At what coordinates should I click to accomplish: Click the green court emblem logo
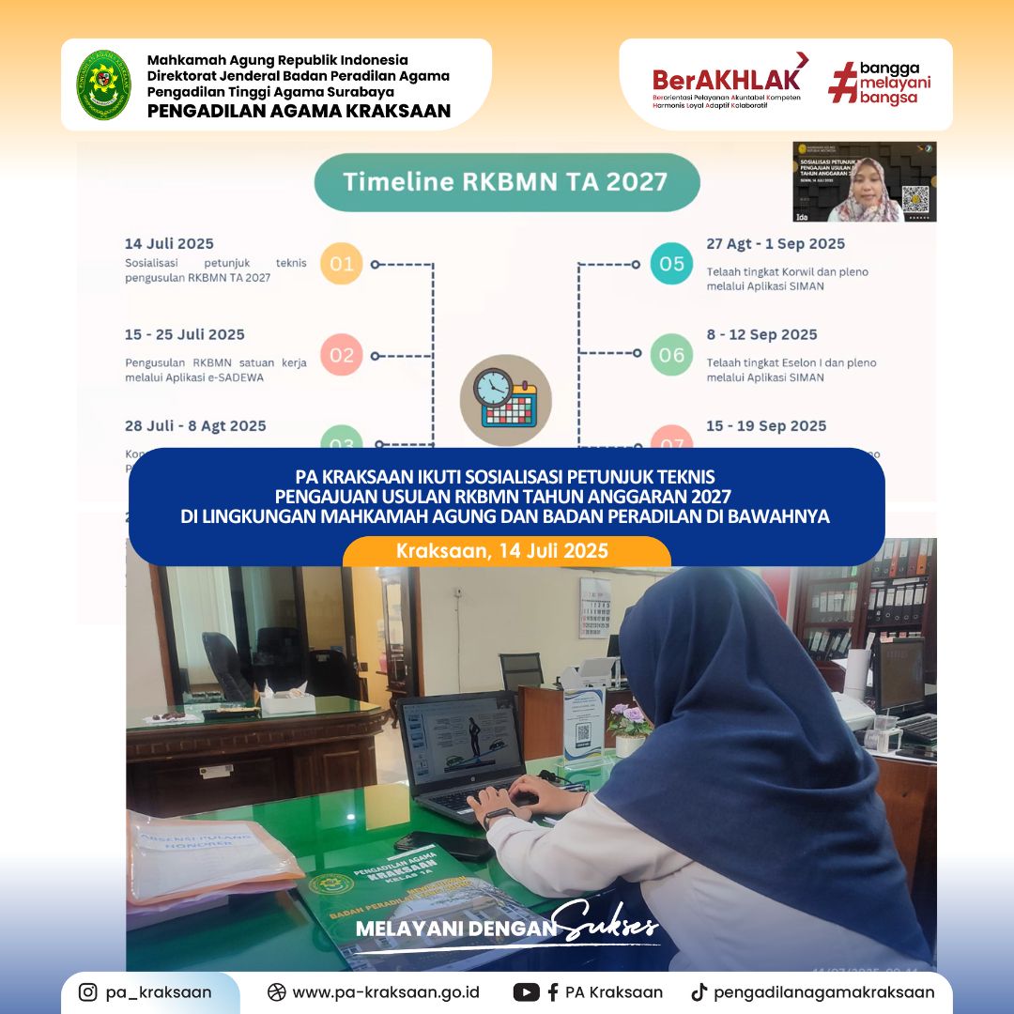pyautogui.click(x=103, y=84)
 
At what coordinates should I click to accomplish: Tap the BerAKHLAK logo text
pyautogui.click(x=728, y=77)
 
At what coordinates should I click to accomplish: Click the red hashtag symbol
pyautogui.click(x=842, y=84)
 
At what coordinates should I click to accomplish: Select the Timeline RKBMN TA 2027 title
pyautogui.click(x=506, y=182)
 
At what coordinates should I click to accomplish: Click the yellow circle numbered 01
pyautogui.click(x=342, y=264)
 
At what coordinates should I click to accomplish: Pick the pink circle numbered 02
pyautogui.click(x=342, y=355)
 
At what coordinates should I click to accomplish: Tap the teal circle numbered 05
pyautogui.click(x=671, y=264)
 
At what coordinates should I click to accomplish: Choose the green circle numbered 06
pyautogui.click(x=671, y=355)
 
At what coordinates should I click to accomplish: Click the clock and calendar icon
pyautogui.click(x=505, y=400)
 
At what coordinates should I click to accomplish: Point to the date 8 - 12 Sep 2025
pyautogui.click(x=761, y=334)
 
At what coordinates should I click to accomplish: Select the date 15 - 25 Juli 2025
pyautogui.click(x=185, y=334)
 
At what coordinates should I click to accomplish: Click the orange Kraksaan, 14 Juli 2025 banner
pyautogui.click(x=506, y=551)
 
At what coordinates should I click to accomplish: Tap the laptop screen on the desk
pyautogui.click(x=461, y=735)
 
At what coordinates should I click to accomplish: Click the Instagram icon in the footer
pyautogui.click(x=87, y=992)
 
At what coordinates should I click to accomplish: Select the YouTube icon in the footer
pyautogui.click(x=526, y=992)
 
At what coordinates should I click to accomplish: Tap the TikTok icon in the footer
pyautogui.click(x=698, y=992)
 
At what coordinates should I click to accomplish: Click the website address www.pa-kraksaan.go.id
pyautogui.click(x=386, y=992)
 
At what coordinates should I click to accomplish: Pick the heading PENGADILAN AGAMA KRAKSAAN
pyautogui.click(x=299, y=112)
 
